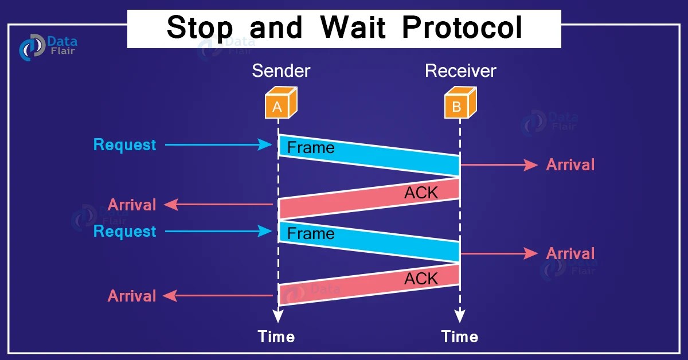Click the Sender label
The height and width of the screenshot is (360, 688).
click(281, 71)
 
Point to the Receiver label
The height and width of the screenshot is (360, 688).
click(460, 71)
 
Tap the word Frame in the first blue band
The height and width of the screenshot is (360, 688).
click(310, 148)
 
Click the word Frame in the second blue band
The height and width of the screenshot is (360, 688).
click(310, 234)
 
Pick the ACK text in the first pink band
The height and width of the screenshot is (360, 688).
click(421, 193)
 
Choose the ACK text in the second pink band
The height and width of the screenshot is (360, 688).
click(421, 279)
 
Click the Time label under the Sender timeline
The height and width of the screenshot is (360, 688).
click(276, 336)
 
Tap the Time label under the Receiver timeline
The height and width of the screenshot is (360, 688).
click(459, 336)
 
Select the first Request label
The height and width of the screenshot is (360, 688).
click(124, 145)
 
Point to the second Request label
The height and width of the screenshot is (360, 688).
click(124, 232)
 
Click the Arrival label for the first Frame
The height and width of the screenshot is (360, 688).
click(570, 165)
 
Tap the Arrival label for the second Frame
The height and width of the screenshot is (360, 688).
click(570, 253)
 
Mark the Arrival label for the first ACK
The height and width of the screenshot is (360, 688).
click(132, 205)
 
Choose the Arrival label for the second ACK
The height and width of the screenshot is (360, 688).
click(132, 296)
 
